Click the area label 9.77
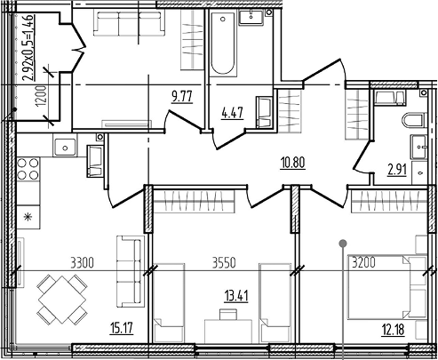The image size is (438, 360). pos(182,97)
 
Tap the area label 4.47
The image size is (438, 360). pos(233,113)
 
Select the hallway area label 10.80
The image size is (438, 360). pos(292,163)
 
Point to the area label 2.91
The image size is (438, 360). pos(397,170)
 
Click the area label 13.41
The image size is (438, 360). pos(236,296)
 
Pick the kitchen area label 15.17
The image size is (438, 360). pos(122,328)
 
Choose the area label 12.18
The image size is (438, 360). pos(393,330)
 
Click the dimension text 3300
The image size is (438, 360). pos(82,263)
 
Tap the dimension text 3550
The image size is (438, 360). pos(224,263)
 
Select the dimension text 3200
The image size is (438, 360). pos(363,262)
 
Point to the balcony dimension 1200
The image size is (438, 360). pos(41,96)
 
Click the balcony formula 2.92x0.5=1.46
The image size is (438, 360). pos(28,47)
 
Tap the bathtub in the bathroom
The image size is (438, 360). pos(223,44)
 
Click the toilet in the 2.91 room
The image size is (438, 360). pos(414,120)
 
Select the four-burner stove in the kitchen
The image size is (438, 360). pos(28,169)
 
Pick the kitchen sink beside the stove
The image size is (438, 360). pos(65,148)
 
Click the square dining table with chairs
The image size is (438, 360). pos(62,300)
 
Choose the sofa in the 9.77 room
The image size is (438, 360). pos(130,24)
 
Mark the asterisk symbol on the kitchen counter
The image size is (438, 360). pos(28,218)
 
